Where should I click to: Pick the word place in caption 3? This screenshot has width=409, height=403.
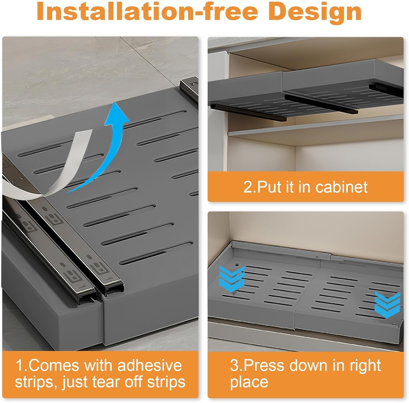tap(249, 382)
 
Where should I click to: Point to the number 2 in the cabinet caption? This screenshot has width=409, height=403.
tap(248, 187)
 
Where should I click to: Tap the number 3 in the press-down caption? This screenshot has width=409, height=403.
tap(234, 365)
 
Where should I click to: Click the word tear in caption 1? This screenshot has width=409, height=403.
tap(106, 382)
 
